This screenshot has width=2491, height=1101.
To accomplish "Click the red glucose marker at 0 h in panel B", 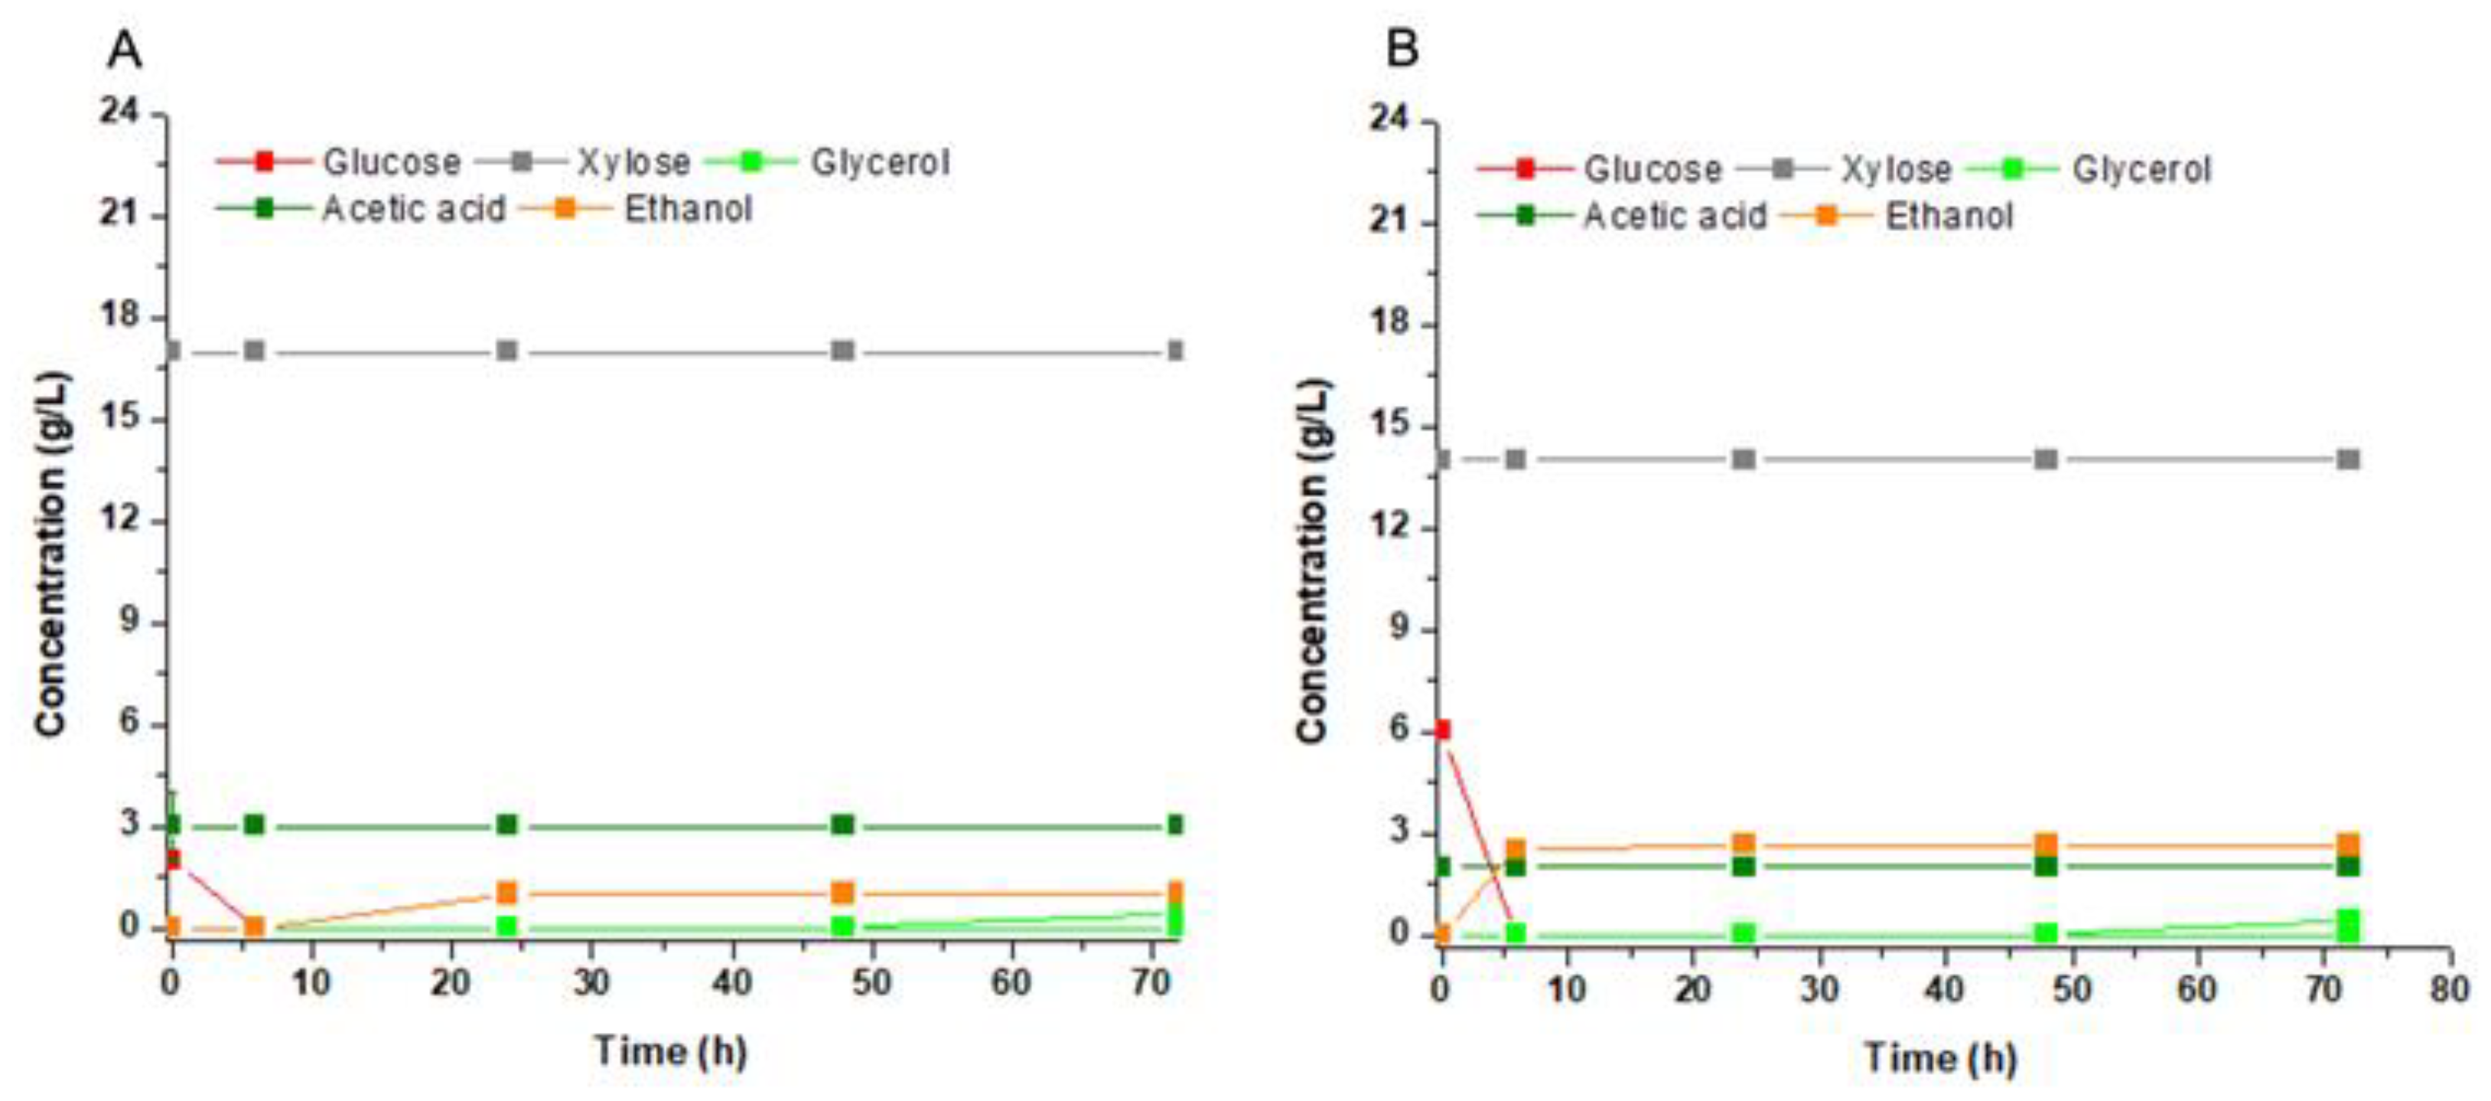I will click(1442, 730).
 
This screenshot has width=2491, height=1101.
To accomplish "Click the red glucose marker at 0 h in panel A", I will click(172, 859).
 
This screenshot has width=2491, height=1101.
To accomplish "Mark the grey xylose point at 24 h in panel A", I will click(506, 350).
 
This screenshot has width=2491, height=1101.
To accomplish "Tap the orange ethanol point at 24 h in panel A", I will click(506, 892).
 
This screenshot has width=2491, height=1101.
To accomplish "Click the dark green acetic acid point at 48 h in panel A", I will click(842, 825).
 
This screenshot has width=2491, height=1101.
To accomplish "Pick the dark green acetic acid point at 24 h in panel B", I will click(1744, 866).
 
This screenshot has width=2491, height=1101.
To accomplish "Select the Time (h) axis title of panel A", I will click(671, 1050).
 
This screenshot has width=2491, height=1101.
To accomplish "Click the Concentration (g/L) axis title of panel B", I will click(1313, 561).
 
